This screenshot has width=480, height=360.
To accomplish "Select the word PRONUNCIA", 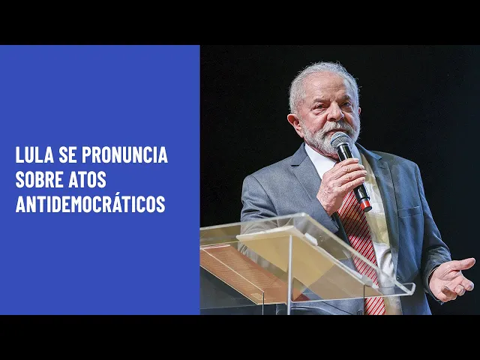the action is (x=124, y=155).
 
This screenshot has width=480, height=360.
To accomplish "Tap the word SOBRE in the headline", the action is (x=39, y=179).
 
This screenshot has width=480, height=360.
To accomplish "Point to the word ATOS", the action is (x=87, y=179).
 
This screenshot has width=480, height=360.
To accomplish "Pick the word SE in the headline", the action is (x=67, y=155).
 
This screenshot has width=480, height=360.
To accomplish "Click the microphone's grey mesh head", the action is (x=340, y=140).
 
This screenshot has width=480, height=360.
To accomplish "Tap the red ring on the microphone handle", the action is (x=366, y=205).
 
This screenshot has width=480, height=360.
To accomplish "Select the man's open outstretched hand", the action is (x=451, y=278).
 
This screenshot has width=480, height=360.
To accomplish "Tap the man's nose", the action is (x=337, y=112).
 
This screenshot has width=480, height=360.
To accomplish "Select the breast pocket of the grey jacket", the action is (x=409, y=211).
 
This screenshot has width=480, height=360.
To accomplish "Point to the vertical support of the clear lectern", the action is (x=289, y=275).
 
